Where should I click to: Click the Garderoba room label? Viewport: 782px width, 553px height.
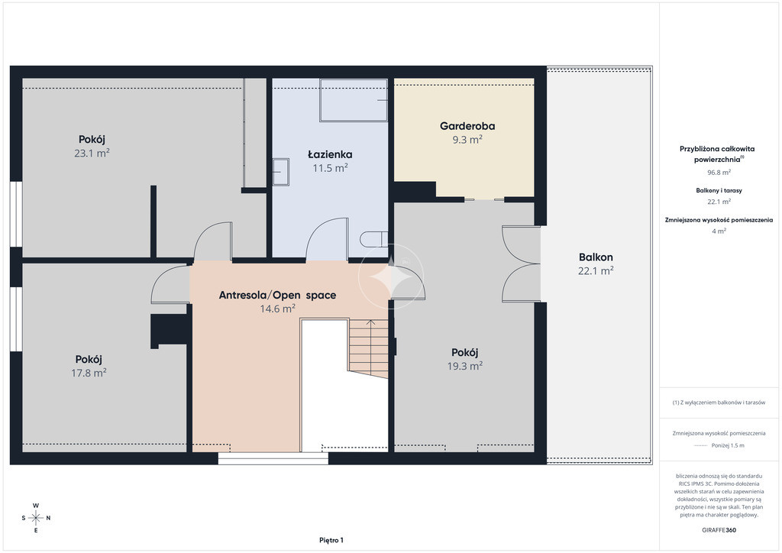(x=467, y=126)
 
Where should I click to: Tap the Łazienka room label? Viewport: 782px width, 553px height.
(x=330, y=154)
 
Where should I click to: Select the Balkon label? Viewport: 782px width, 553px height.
(x=596, y=257)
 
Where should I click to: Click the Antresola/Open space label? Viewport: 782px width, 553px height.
(x=277, y=295)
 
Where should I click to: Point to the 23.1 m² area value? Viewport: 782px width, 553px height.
(x=92, y=153)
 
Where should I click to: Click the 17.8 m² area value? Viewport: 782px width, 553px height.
(x=89, y=373)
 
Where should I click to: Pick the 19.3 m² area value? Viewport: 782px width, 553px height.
(x=465, y=366)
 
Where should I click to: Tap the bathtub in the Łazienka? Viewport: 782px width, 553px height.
(x=354, y=100)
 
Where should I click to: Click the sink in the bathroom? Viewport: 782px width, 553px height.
(x=281, y=172)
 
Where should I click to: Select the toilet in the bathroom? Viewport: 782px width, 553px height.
(x=373, y=239)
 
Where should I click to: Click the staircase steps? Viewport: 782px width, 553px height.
(x=368, y=348)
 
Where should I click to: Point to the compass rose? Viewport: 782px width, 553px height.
(x=36, y=518)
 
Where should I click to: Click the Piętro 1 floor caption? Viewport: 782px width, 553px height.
(x=331, y=540)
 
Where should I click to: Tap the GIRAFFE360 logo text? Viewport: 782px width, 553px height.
(x=719, y=530)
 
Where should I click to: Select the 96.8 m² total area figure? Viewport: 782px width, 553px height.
(x=719, y=173)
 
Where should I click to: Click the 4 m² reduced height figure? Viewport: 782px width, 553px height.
(x=719, y=231)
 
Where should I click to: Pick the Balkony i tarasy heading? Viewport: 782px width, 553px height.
(x=719, y=190)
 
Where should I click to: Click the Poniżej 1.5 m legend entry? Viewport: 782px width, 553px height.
(x=728, y=445)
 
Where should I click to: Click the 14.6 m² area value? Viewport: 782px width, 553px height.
(x=277, y=309)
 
